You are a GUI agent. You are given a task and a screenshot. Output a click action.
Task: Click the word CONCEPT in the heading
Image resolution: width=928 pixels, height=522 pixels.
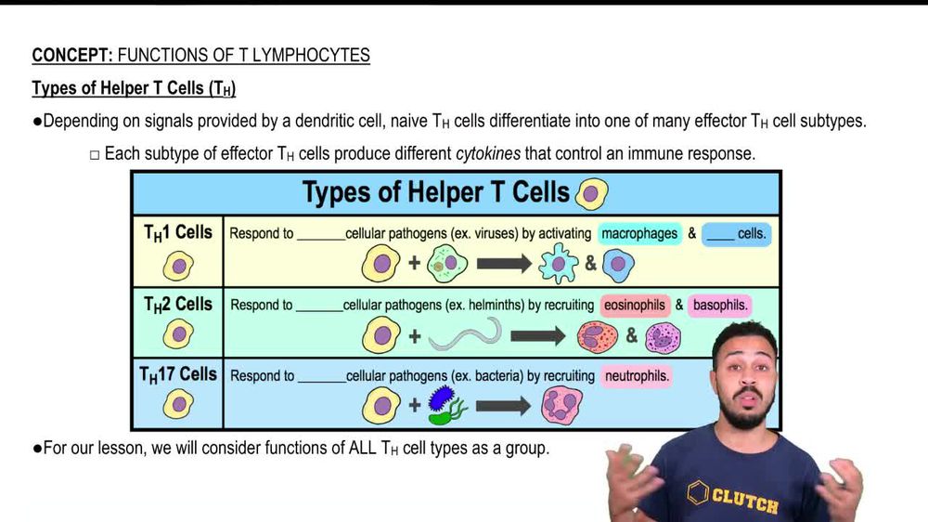[x=72, y=55]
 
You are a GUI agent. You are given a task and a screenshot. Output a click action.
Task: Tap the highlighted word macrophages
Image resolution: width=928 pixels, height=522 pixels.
[x=639, y=233]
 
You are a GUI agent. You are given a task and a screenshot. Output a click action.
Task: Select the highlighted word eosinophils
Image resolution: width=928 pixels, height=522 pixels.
[x=635, y=306]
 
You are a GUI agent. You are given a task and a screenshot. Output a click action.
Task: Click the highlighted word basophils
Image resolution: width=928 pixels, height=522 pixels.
[x=720, y=306]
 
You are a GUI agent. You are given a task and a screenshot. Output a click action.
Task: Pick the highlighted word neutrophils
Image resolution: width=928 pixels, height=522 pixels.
[x=637, y=375]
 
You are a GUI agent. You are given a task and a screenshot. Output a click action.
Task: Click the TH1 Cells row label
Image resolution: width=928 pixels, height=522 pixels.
[x=177, y=233]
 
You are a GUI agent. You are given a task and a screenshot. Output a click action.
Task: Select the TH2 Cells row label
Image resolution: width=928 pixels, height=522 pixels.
[x=177, y=305]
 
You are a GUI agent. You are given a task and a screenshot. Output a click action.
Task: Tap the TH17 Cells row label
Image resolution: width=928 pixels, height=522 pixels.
[x=177, y=375]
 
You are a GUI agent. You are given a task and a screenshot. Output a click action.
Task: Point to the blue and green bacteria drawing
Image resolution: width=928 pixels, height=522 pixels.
[x=447, y=405]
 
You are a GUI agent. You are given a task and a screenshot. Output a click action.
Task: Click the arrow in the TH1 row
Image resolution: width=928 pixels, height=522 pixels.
[x=504, y=264]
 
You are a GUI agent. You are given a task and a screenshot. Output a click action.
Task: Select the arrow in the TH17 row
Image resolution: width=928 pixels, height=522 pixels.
[x=503, y=406]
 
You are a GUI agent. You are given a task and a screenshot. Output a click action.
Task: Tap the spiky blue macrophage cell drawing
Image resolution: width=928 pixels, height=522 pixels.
[x=558, y=264]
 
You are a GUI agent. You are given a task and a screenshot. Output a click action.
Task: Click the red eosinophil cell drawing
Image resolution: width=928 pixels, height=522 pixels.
[x=597, y=337]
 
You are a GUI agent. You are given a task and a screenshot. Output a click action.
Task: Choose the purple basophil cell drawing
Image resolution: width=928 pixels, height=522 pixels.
[x=663, y=338]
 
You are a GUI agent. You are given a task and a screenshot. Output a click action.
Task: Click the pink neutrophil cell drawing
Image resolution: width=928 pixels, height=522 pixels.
[x=561, y=405]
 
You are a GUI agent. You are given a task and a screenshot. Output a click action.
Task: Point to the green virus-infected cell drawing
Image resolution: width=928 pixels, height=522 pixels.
[x=447, y=264]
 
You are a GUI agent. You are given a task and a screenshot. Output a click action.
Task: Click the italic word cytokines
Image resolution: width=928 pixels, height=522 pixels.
[x=488, y=154]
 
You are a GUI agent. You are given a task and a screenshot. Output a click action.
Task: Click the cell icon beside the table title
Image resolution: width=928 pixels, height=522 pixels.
[x=591, y=194]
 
